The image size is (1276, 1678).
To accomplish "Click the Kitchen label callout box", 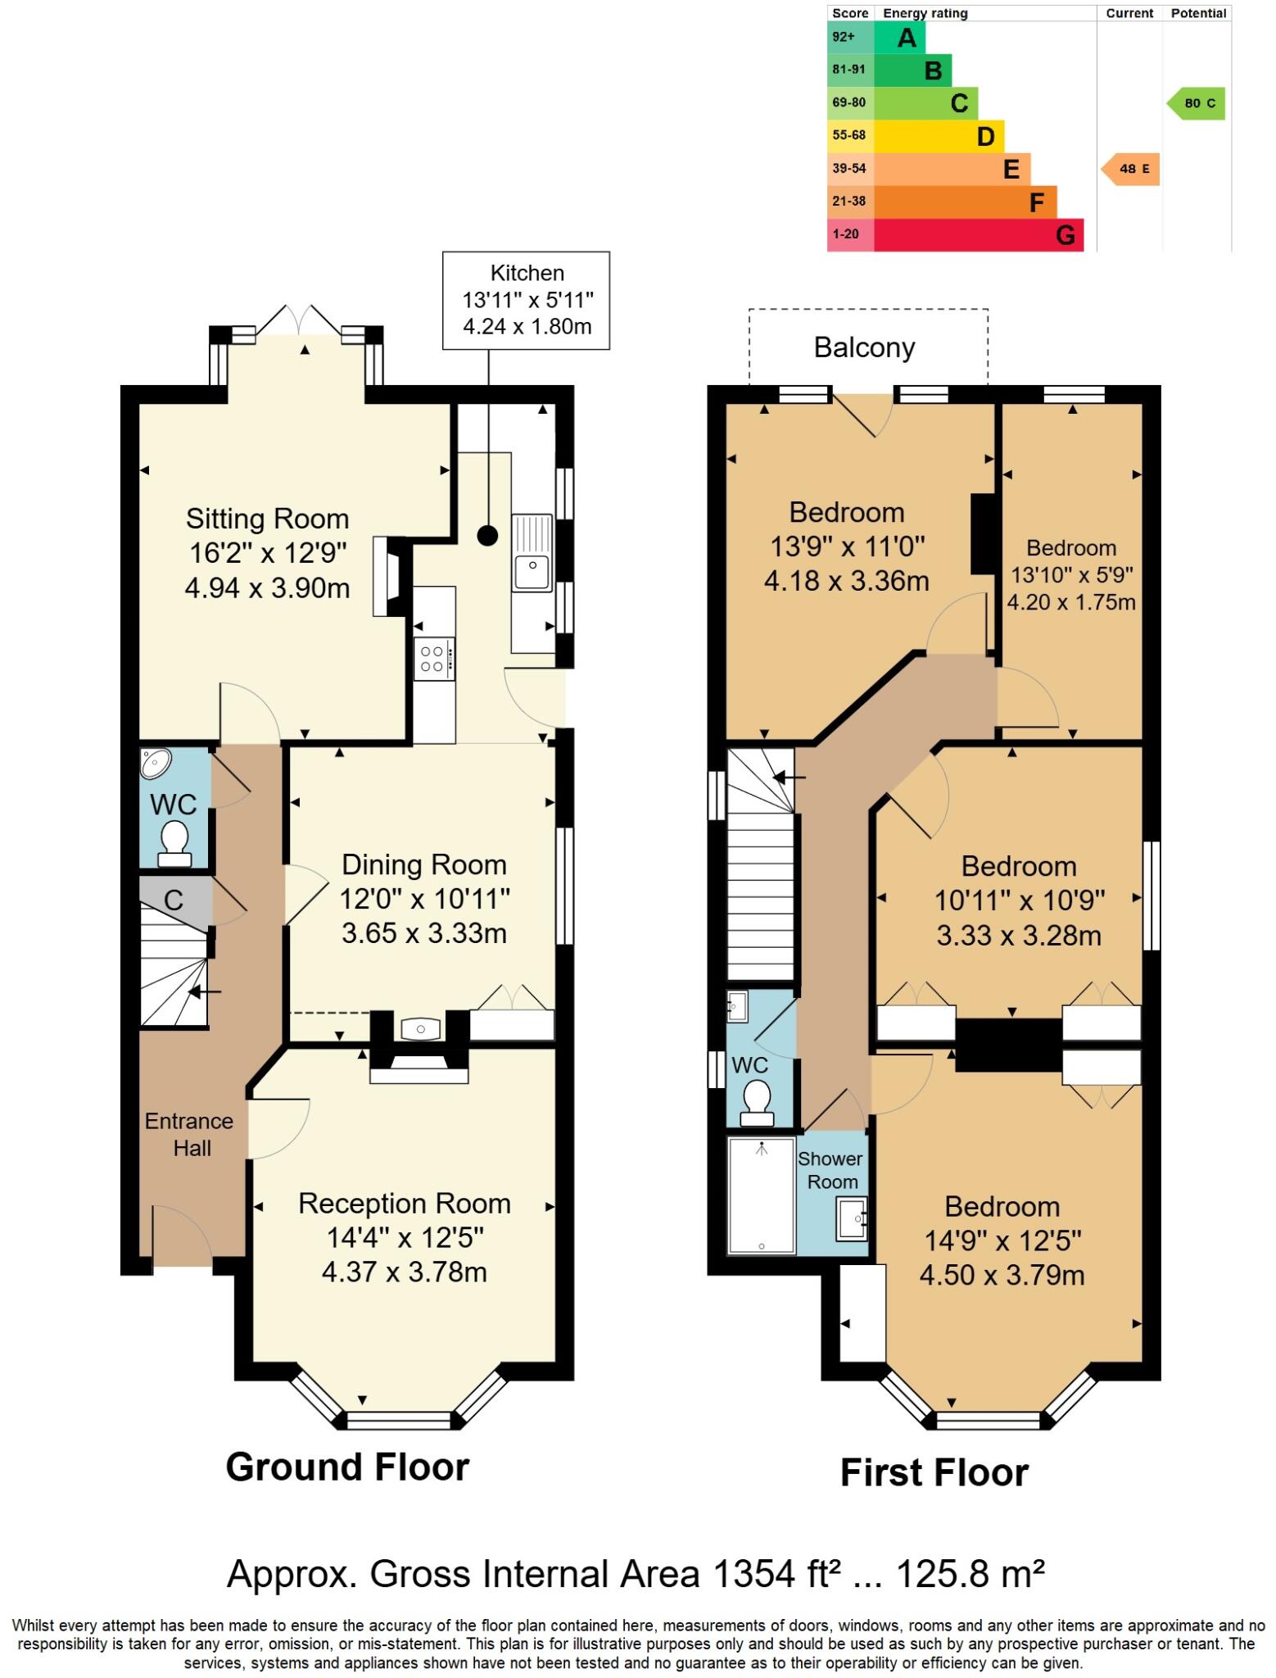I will click(526, 300).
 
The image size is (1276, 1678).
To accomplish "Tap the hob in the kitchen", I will click(433, 659).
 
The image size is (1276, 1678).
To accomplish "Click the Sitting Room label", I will click(267, 519).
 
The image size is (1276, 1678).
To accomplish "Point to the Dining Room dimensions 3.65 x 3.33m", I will click(423, 932).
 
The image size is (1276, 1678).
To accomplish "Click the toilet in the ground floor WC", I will click(174, 844).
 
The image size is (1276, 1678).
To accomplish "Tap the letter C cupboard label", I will click(173, 900).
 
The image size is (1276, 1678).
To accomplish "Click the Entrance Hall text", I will click(189, 1134).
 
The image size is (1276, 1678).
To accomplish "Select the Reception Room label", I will click(404, 1203).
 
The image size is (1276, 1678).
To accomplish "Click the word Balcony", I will click(864, 347).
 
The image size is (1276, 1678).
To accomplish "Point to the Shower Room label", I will click(830, 1170).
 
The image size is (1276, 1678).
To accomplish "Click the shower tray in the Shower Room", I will click(761, 1195).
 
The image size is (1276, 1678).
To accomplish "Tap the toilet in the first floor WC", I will click(754, 1103).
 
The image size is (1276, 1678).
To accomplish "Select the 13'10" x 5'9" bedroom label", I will click(1070, 574).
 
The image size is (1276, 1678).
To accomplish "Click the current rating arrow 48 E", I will click(1130, 169).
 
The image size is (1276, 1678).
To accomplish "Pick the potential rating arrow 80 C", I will click(1197, 103).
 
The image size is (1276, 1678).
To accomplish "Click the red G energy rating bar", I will click(979, 235).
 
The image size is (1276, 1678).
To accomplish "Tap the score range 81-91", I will click(848, 70).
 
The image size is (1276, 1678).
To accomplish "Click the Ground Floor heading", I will click(347, 1467).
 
